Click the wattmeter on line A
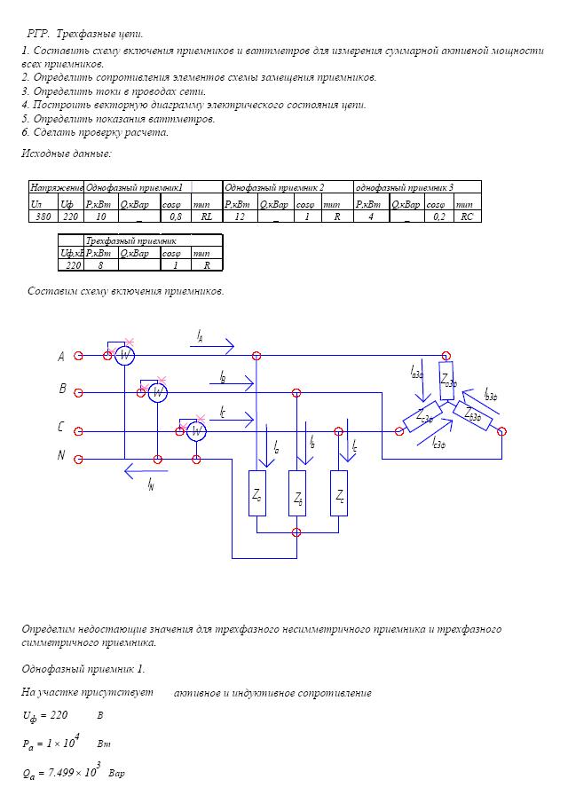tap(124, 356)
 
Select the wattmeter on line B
tap(158, 393)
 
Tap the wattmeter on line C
tap(196, 432)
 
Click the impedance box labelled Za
tap(257, 493)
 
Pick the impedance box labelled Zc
tap(339, 493)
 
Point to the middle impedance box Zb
tap(297, 493)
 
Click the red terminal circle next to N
tap(78, 460)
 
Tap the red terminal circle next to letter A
tap(78, 356)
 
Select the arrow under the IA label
tap(212, 347)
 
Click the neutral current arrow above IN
tap(146, 471)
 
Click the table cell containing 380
tap(43, 216)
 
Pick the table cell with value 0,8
tap(176, 216)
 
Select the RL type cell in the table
tap(207, 216)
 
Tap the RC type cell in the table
tap(467, 216)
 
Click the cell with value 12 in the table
tap(240, 216)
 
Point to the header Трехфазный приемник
tap(131, 240)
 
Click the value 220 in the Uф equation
tap(59, 715)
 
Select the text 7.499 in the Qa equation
tap(60, 773)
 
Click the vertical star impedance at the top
tap(447, 380)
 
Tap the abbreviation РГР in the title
tap(38, 35)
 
